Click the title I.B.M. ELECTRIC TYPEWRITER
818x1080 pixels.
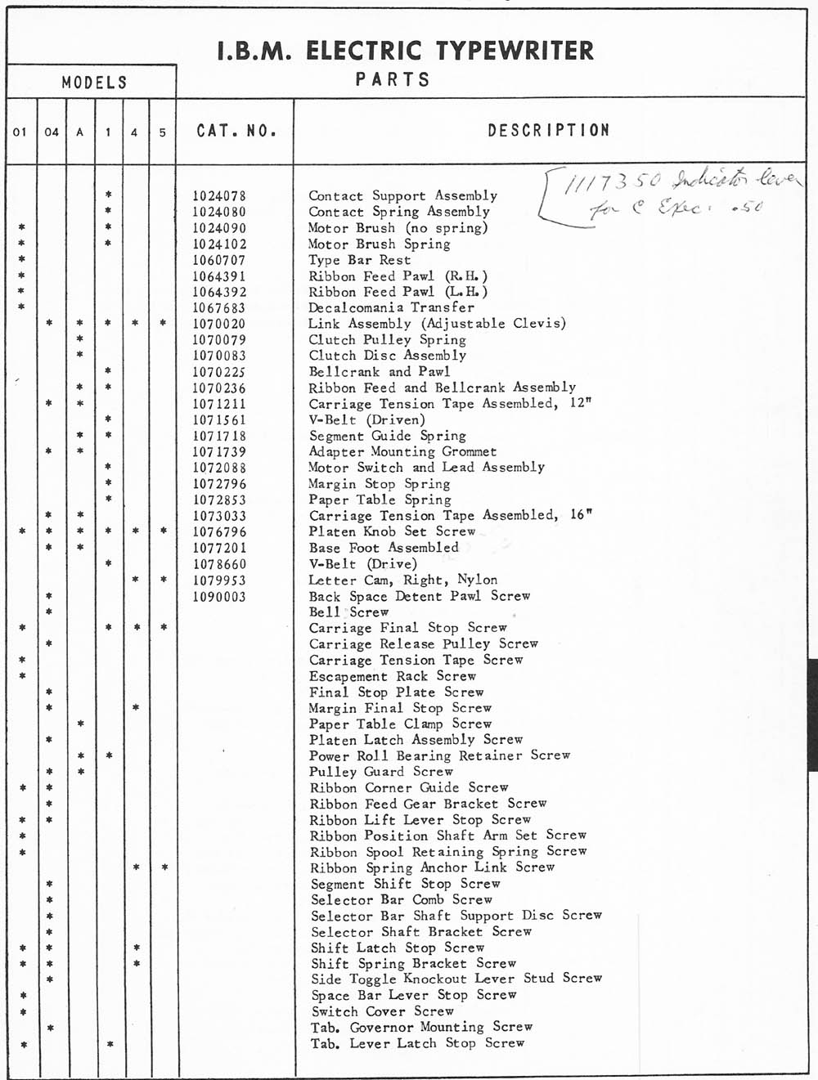tap(406, 51)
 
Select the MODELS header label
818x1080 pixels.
tap(95, 83)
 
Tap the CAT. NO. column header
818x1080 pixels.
tap(236, 131)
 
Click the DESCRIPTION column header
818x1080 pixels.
tap(549, 131)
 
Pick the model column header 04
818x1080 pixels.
tap(52, 132)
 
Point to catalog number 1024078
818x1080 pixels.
tap(219, 196)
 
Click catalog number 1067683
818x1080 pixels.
tap(219, 308)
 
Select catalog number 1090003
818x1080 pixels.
tap(219, 597)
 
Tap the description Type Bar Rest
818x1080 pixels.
tap(360, 260)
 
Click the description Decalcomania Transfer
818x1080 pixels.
tap(391, 308)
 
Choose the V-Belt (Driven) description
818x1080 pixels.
tap(366, 420)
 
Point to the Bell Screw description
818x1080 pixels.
tap(348, 612)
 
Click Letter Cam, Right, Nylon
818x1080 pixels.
tap(402, 580)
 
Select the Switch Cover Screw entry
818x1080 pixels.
tap(382, 1011)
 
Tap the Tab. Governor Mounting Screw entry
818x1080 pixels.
tap(421, 1027)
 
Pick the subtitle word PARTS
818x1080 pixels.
tap(393, 80)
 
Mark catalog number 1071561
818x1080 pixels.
tap(219, 420)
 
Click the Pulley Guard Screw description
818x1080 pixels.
tap(380, 772)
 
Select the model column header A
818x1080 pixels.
tap(80, 132)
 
